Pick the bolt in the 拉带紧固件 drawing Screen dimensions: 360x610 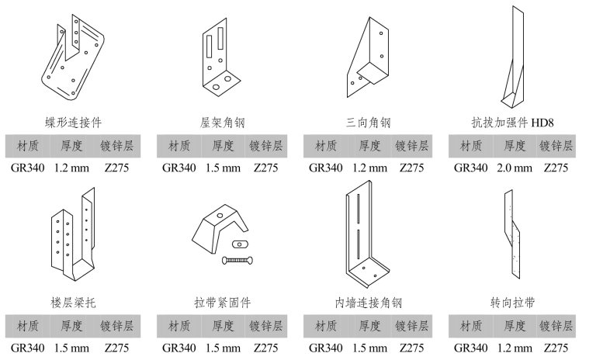237,259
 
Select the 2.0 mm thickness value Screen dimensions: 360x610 514,167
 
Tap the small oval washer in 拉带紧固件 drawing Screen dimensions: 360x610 237,244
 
